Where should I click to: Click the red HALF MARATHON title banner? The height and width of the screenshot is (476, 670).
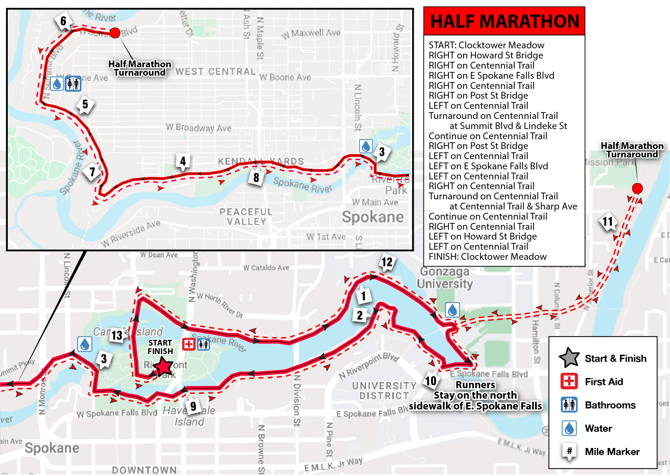click(x=504, y=21)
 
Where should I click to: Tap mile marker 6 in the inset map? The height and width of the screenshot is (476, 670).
click(x=63, y=21)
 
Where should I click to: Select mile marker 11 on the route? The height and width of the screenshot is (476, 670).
click(x=607, y=222)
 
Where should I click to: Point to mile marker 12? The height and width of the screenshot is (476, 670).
click(x=387, y=262)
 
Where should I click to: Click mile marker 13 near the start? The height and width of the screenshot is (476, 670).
click(x=117, y=335)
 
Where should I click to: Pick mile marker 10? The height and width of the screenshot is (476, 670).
click(x=431, y=381)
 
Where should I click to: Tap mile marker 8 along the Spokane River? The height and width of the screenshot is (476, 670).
click(x=256, y=177)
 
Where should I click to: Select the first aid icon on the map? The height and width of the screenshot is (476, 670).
click(x=189, y=344)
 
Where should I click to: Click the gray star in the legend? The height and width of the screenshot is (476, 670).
click(x=569, y=358)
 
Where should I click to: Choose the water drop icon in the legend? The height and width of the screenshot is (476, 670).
click(x=569, y=428)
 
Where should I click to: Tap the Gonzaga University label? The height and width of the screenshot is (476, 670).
click(x=445, y=278)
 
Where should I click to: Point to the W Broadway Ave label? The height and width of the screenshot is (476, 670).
click(x=198, y=128)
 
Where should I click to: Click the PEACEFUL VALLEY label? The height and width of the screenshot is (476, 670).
click(x=246, y=217)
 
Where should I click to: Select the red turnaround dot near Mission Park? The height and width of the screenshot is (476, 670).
click(x=637, y=188)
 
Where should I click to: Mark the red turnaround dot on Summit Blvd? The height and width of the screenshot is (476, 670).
click(x=115, y=33)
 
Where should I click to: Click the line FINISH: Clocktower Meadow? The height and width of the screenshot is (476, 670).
click(x=487, y=257)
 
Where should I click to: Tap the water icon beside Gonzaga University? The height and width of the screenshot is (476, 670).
click(x=452, y=309)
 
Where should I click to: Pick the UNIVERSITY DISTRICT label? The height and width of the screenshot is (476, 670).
click(x=384, y=391)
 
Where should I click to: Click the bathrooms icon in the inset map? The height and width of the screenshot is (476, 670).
click(x=73, y=83)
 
